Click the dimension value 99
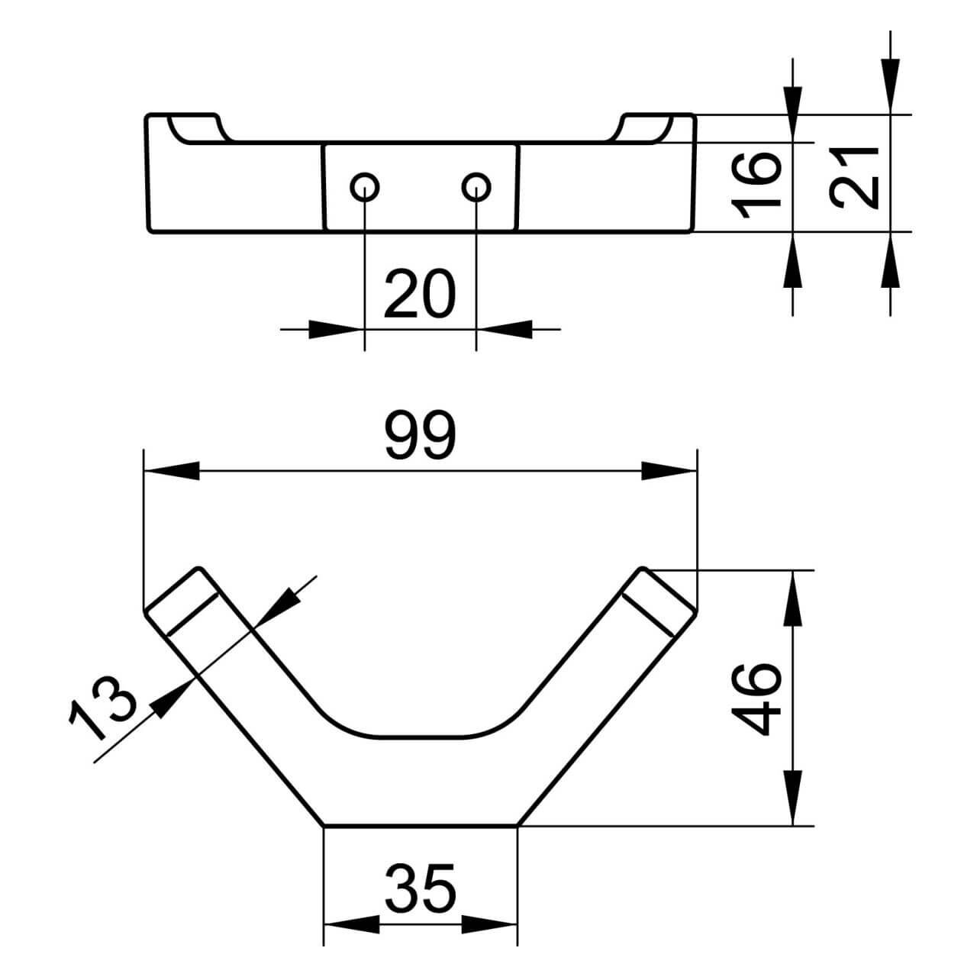421,435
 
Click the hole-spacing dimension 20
420,293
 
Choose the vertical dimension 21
854,177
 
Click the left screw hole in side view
365,187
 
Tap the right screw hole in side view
476,187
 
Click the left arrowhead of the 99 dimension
172,471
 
